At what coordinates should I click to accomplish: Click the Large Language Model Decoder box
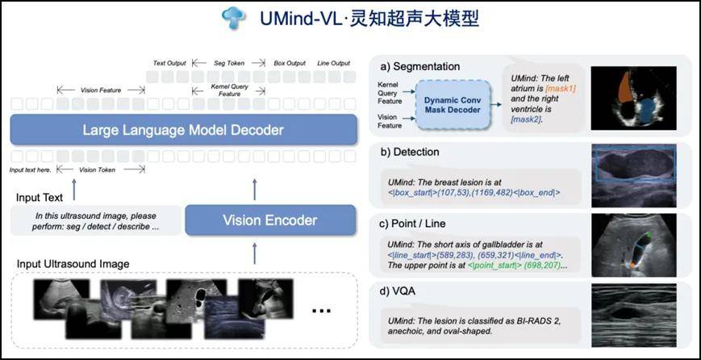183,130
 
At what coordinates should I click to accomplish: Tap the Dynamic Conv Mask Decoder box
454,104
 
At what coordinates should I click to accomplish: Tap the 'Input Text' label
41,197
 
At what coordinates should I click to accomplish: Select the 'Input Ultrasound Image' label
72,264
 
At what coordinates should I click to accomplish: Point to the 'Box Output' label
290,63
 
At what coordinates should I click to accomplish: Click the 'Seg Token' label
229,63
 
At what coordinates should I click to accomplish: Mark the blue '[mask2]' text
526,119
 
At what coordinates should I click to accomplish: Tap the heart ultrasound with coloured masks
635,95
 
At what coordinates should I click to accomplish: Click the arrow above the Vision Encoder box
255,189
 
